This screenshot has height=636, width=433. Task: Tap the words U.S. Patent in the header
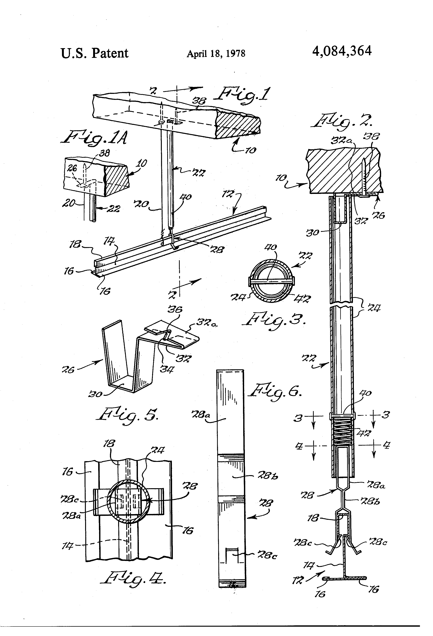tap(94, 53)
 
